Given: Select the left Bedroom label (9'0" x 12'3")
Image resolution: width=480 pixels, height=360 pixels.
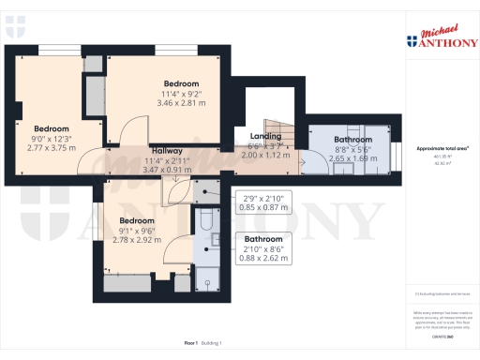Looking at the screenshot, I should pos(52,128).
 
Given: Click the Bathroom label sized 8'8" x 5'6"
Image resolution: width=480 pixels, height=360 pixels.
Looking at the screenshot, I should pos(352,140).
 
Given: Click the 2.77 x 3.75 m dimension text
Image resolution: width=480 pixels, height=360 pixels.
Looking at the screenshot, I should pos(52,148).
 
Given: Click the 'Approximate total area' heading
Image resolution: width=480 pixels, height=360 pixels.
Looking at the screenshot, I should pos(442,149).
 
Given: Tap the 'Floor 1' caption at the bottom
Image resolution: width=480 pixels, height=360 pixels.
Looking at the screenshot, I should pos(191,346).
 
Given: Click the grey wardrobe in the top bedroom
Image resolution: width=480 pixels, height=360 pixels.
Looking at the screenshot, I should pos(95,94).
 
